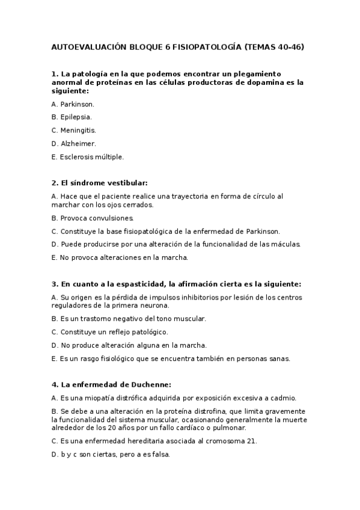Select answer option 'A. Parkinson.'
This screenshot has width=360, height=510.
73,104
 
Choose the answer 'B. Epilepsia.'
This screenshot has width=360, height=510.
72,117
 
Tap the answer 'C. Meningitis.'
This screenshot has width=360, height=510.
73,130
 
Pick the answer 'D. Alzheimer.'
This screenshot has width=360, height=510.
73,143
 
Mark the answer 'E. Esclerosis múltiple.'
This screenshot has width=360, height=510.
88,156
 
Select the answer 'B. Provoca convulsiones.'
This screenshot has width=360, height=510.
93,218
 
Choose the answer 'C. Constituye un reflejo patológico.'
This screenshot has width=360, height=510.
110,332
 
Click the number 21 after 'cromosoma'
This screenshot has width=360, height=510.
252,441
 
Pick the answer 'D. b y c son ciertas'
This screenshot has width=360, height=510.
94,455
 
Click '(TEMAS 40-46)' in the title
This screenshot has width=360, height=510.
274,46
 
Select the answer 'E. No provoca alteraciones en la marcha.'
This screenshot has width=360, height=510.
120,257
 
